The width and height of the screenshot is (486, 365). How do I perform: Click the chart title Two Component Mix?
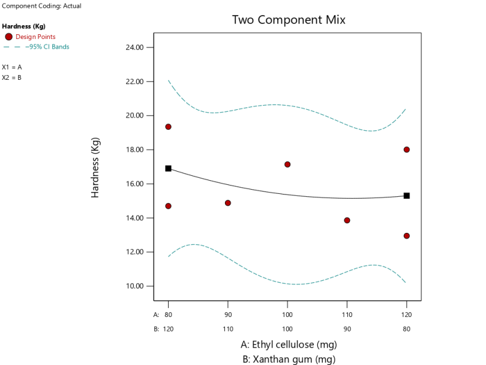pyautogui.click(x=289, y=20)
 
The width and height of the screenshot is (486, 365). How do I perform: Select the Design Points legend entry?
pyautogui.click(x=35, y=37)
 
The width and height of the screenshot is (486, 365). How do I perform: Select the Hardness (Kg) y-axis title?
pyautogui.click(x=95, y=168)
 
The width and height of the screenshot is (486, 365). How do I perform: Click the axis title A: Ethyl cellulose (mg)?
pyautogui.click(x=288, y=345)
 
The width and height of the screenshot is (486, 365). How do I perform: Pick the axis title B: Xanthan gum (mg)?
pyautogui.click(x=288, y=359)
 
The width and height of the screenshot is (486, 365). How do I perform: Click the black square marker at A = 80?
pyautogui.click(x=168, y=169)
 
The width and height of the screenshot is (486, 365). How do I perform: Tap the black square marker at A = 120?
pyautogui.click(x=407, y=196)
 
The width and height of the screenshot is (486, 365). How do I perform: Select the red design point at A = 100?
pyautogui.click(x=287, y=164)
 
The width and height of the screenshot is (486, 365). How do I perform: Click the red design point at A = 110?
pyautogui.click(x=347, y=220)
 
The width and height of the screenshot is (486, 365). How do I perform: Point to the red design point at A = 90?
pyautogui.click(x=228, y=203)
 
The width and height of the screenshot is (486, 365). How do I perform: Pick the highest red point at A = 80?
pyautogui.click(x=168, y=127)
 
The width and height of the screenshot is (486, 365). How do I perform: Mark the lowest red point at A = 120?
pyautogui.click(x=407, y=236)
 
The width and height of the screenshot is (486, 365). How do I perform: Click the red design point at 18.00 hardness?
pyautogui.click(x=407, y=149)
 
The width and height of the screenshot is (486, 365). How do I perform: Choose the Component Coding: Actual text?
pyautogui.click(x=42, y=6)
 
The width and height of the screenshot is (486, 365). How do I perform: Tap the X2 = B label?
pyautogui.click(x=12, y=77)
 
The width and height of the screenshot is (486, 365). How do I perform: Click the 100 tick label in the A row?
pyautogui.click(x=287, y=314)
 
